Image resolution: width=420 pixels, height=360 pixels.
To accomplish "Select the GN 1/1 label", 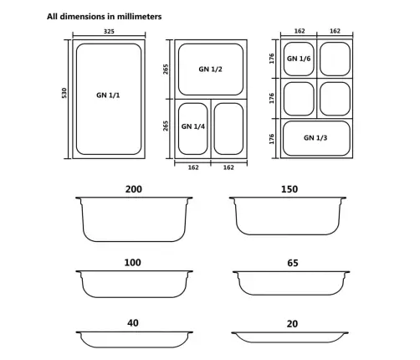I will tap(108, 95).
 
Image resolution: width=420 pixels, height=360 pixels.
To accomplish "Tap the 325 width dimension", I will tap(108, 32).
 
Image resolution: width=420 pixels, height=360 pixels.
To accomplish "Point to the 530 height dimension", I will tap(64, 95).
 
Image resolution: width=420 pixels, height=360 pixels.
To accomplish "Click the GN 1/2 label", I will tap(210, 69).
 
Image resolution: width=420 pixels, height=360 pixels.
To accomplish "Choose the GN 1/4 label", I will tap(193, 127).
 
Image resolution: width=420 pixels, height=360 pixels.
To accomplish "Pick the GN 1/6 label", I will tap(299, 59).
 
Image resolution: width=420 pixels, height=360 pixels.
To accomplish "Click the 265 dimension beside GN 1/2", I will tap(167, 69).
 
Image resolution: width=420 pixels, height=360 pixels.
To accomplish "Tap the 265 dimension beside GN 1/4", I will tap(167, 127).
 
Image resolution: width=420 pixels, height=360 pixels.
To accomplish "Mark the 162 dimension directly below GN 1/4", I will tap(193, 167).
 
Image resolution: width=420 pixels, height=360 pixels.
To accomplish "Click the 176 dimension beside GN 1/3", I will tap(271, 138).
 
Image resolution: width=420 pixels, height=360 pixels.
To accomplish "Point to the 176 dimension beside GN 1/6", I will tap(271, 58).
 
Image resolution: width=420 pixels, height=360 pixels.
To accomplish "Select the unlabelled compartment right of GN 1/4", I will tap(228, 127).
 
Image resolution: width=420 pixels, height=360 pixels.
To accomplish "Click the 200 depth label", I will tap(133, 189).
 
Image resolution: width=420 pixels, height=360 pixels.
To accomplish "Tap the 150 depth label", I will tap(289, 189).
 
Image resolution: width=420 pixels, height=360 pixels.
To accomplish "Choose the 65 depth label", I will tap(292, 263).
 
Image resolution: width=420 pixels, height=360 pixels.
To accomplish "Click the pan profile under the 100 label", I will tap(134, 284).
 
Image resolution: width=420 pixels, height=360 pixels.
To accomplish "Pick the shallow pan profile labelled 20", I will tap(289, 336).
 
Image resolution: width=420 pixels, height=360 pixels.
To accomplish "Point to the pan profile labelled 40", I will tap(134, 337).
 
